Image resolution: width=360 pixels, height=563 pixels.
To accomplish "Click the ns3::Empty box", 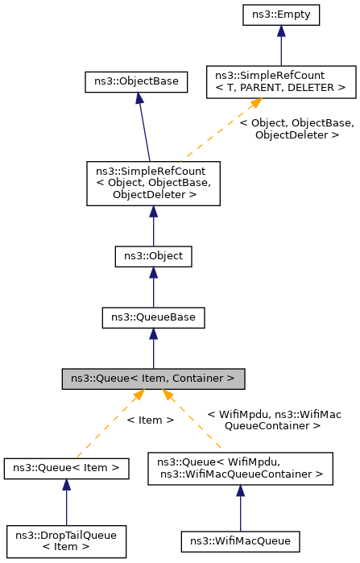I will tap(280, 14).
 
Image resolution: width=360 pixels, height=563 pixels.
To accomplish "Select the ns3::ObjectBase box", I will tap(137, 81).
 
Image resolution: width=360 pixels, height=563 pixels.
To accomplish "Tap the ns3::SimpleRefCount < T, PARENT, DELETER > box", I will tap(281, 81).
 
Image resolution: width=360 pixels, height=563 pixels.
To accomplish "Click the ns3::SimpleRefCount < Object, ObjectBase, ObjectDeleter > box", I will tap(153, 182).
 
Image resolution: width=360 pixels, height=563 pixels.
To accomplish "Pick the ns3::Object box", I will tap(153, 257).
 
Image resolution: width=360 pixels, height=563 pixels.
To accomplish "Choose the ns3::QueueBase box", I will tap(153, 317).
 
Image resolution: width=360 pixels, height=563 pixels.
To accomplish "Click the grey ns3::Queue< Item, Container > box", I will tap(153, 378).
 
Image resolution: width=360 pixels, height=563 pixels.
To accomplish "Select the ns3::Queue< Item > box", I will tap(67, 467).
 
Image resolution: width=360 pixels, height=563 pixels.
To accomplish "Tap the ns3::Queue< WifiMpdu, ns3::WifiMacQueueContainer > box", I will tap(240, 469).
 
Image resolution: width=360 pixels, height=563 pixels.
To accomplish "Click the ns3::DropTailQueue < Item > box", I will tap(67, 540).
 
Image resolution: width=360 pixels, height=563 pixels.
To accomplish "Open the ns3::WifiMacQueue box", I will tap(240, 540).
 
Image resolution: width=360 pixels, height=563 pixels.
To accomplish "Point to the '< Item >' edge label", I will tap(150, 420).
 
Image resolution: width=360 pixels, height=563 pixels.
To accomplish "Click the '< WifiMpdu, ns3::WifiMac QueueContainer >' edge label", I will tap(274, 420).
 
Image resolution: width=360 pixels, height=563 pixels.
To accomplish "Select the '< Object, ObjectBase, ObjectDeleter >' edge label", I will tap(296, 129).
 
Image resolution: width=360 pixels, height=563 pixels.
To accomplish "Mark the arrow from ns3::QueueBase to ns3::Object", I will tap(153, 288).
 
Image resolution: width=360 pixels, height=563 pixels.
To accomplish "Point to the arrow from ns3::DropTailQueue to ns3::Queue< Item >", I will tap(67, 501).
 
